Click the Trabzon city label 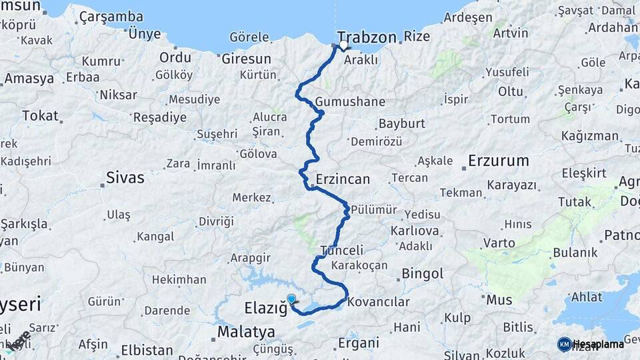coord(367,37)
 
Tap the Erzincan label coord(343,179)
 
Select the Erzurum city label coord(498,161)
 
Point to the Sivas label coord(125,178)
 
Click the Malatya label coord(246,331)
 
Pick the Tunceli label coord(342,251)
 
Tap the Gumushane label coord(351,101)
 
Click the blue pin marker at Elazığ coord(291,299)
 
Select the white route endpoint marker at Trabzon coord(344,46)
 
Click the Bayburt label coord(401,124)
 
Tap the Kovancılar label coord(379,302)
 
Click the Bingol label coord(423,273)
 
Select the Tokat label coord(40,115)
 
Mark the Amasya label coord(29,79)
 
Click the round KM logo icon coord(565,344)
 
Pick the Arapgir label coord(251,257)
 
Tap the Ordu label coord(175,57)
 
